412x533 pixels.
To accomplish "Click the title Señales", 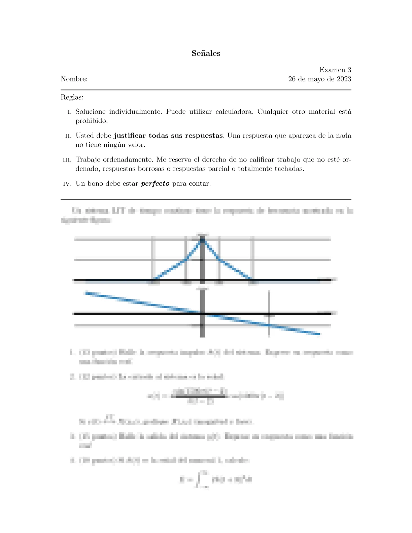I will tap(206, 53).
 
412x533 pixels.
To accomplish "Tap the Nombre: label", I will tap(74, 79).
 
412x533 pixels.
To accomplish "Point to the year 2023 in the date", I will tap(344, 79).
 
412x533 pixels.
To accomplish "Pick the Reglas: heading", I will tap(72, 97).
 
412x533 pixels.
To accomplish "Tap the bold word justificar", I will tap(130, 136).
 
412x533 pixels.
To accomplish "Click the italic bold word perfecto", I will tap(155, 183).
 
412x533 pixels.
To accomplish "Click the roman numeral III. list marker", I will tap(67, 160).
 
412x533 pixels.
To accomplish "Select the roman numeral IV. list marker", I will tap(68, 184).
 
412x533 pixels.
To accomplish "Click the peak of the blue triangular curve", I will tap(202, 238).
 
